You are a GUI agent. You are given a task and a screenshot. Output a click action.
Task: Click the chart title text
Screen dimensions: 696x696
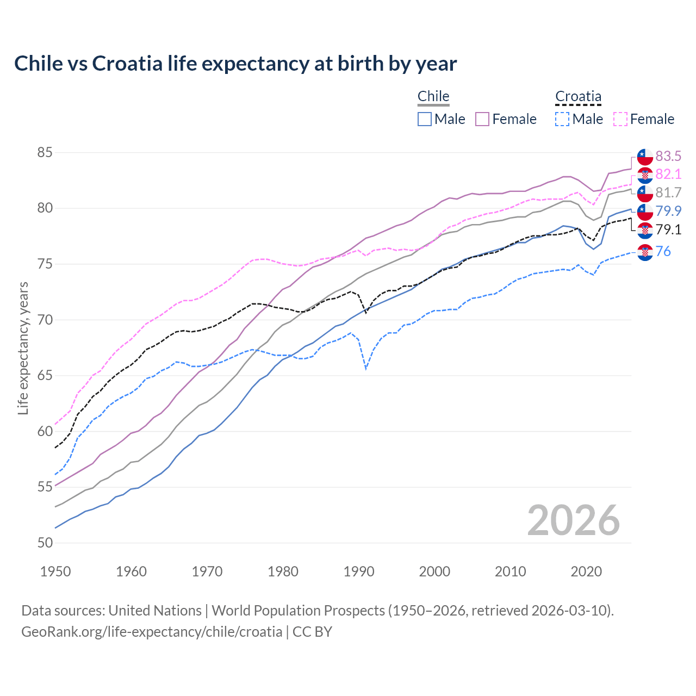click(235, 64)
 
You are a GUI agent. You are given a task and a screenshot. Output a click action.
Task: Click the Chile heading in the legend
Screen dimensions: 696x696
click(433, 96)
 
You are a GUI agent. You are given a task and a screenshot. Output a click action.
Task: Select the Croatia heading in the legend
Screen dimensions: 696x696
click(578, 96)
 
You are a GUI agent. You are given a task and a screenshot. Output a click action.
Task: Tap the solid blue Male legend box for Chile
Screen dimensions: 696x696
click(425, 119)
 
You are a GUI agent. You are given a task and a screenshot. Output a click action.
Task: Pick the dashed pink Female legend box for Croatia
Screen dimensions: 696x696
click(620, 119)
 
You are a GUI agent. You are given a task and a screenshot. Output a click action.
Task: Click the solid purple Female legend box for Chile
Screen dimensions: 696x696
click(483, 119)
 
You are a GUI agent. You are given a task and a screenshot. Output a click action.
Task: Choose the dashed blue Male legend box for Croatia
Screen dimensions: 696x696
click(562, 119)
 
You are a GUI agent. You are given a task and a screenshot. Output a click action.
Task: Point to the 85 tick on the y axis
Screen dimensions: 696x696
click(45, 153)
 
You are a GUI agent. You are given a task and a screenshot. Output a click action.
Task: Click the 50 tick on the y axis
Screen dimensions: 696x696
click(45, 543)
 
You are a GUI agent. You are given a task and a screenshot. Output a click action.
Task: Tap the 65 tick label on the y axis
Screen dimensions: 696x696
click(45, 376)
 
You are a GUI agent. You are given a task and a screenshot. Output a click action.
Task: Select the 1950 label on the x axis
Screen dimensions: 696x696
click(55, 571)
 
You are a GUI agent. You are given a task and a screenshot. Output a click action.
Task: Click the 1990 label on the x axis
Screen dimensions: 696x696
click(359, 571)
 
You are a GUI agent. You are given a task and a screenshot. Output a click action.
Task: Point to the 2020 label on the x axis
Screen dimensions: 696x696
click(586, 571)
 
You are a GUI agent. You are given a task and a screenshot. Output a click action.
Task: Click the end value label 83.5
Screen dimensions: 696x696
click(668, 157)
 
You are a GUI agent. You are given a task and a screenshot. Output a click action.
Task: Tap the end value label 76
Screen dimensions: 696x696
click(663, 251)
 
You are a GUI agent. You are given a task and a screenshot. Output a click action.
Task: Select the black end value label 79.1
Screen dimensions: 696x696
click(668, 230)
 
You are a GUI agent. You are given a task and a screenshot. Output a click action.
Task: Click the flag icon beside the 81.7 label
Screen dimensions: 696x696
click(645, 193)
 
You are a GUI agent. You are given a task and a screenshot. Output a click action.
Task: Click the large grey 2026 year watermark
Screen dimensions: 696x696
click(573, 520)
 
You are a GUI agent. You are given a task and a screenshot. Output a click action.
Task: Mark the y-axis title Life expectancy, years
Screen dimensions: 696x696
click(23, 348)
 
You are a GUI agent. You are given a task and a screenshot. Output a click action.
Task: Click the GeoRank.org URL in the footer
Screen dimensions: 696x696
click(152, 632)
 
